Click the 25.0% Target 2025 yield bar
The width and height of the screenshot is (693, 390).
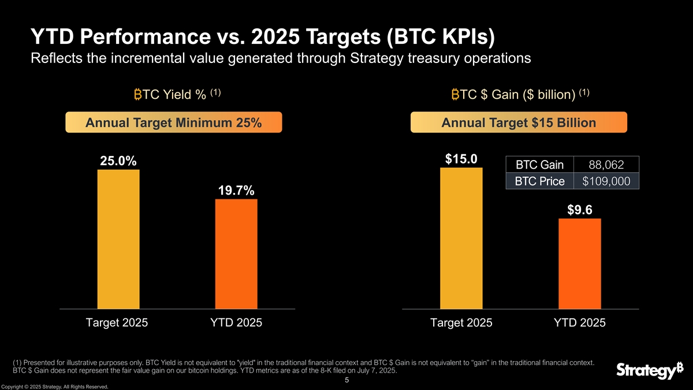(x=118, y=239)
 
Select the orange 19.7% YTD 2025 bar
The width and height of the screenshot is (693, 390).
(x=236, y=254)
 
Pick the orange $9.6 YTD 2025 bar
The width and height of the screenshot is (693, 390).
(x=580, y=263)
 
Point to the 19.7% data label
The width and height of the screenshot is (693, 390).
(x=236, y=191)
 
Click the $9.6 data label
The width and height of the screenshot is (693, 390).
(x=580, y=210)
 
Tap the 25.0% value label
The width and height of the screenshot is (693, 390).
(x=118, y=161)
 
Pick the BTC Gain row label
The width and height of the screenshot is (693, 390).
(x=539, y=165)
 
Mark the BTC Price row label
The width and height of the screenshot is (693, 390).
(x=539, y=181)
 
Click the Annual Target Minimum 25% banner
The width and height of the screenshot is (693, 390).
(x=173, y=122)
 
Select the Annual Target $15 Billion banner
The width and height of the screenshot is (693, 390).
(x=518, y=122)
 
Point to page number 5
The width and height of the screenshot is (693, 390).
(x=346, y=380)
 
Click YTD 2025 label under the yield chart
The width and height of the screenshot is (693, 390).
(x=236, y=323)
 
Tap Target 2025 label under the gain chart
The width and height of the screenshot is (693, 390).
(x=461, y=323)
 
